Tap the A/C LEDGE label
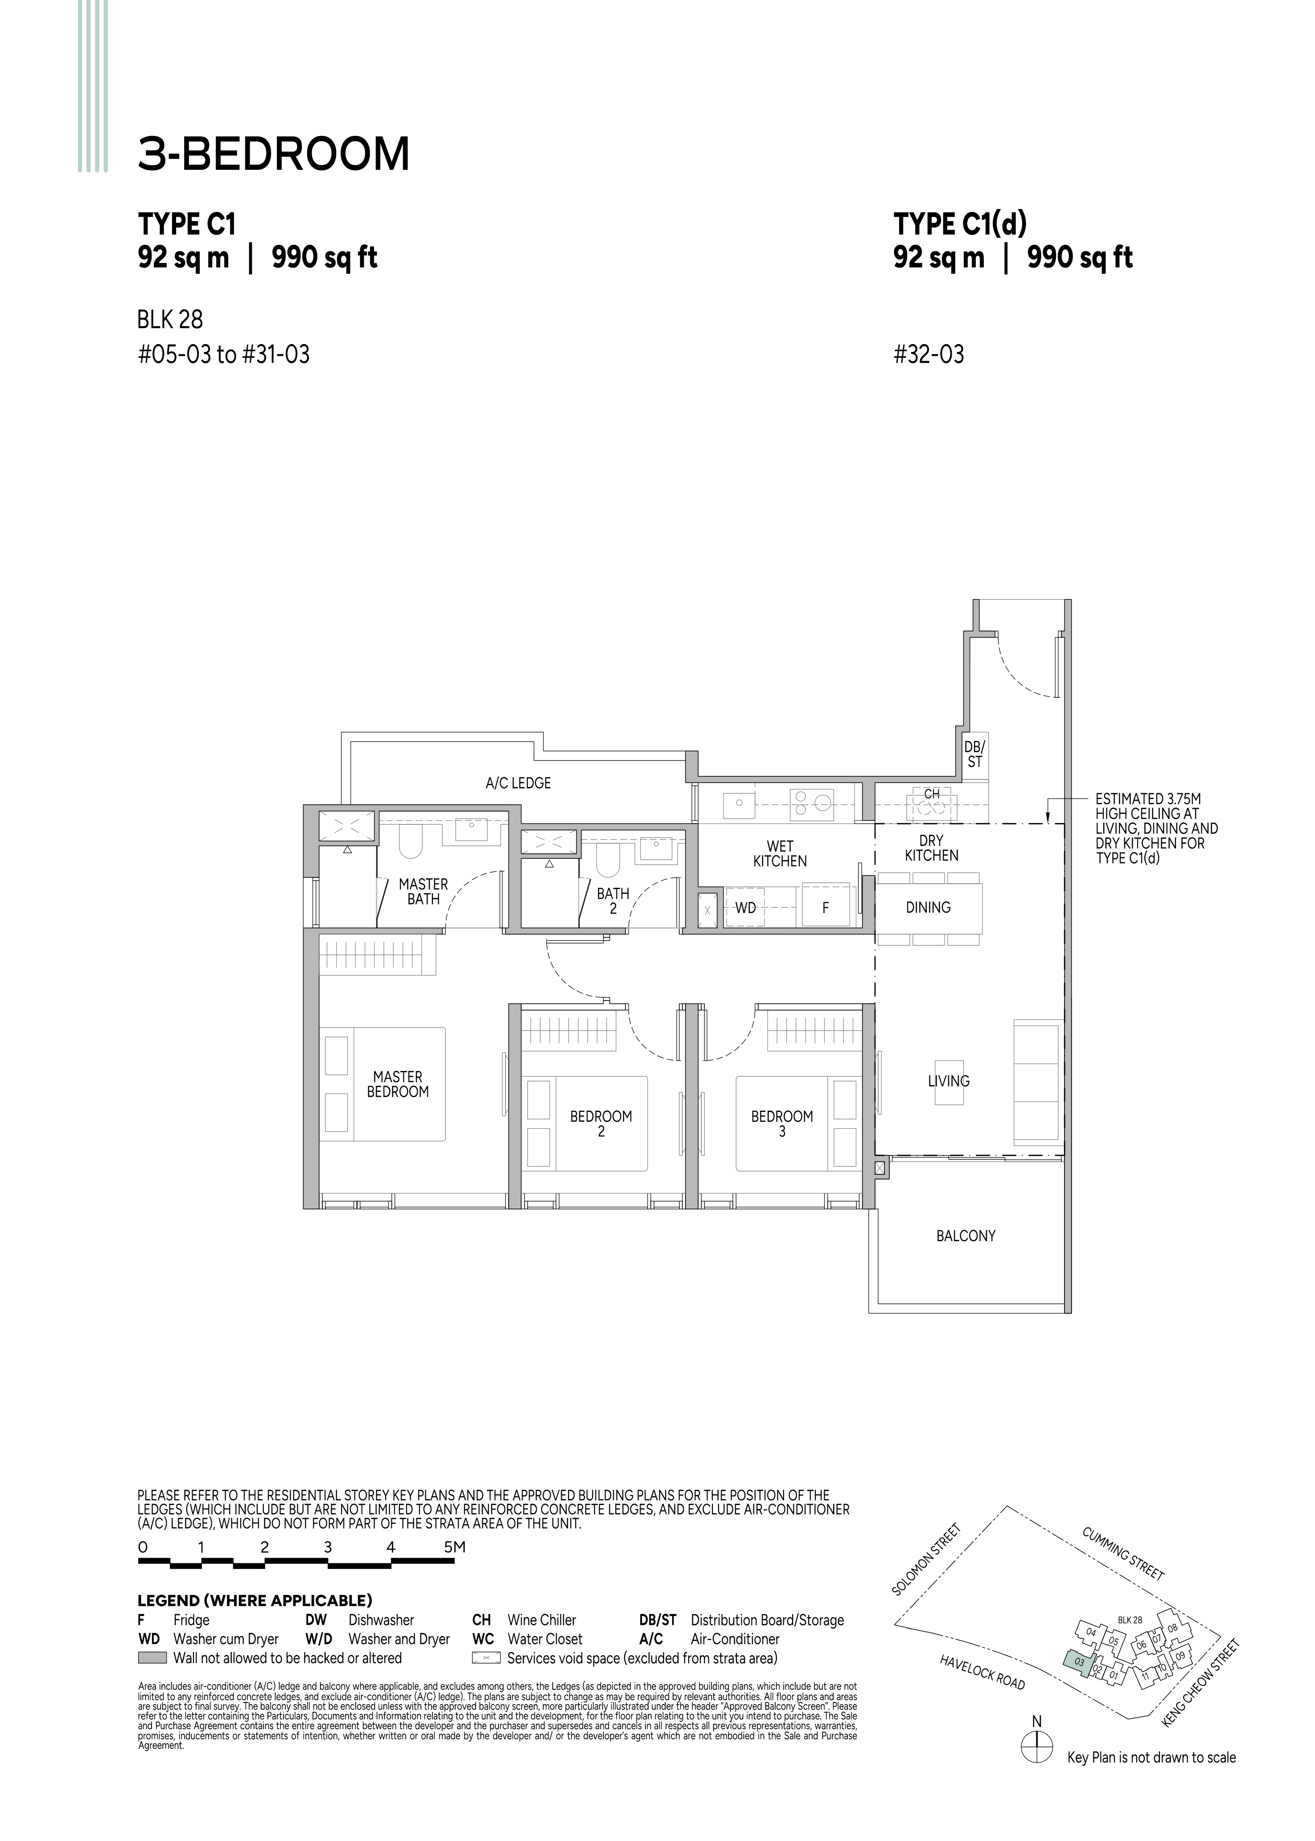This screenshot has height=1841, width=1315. coord(518,783)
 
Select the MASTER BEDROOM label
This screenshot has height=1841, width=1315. coord(398,1084)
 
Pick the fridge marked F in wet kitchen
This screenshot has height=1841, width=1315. coord(825,907)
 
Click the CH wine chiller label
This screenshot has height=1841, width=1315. coord(932,794)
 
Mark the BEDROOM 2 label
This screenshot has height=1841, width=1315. coord(601,1123)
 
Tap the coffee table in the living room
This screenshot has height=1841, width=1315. coord(949,1082)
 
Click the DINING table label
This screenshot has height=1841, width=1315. coord(928,907)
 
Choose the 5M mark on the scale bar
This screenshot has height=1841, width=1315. coord(455,1547)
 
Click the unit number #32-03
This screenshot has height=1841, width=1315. coord(929,355)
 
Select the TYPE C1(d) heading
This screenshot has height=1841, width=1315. coord(960,223)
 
